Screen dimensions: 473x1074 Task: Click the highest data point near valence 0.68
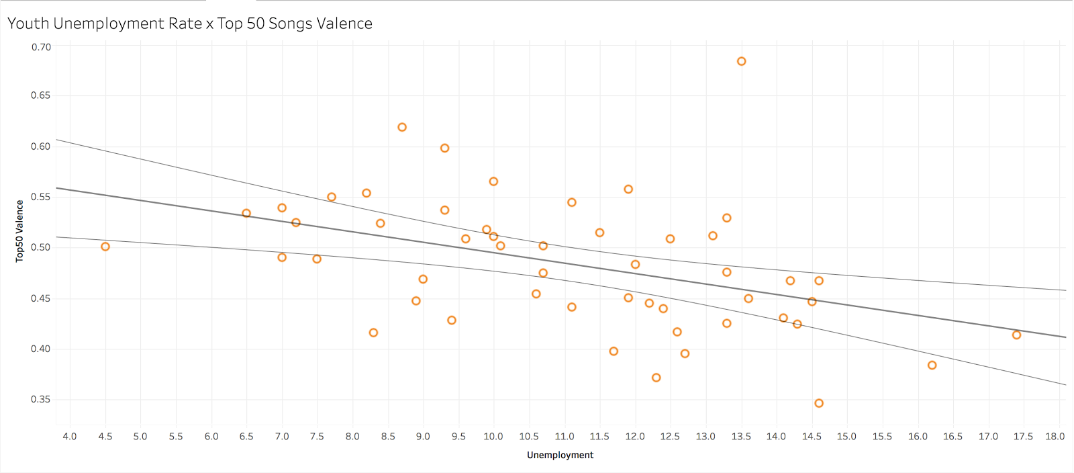point(741,61)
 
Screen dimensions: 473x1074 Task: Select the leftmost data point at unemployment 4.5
point(105,247)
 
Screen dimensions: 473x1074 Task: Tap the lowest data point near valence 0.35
point(819,403)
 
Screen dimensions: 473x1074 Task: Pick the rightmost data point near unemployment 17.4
point(1016,335)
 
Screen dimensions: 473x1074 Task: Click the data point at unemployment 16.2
point(932,365)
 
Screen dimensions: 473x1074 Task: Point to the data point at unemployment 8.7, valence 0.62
point(402,127)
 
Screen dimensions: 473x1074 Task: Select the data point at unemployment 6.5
point(246,213)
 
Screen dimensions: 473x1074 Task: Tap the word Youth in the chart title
point(28,24)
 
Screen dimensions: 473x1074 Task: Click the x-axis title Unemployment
point(560,455)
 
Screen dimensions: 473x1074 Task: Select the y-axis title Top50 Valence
point(19,230)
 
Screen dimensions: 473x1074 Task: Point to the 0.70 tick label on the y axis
point(41,47)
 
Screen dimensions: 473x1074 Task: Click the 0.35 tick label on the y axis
point(41,399)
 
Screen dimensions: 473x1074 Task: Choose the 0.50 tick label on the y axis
point(41,247)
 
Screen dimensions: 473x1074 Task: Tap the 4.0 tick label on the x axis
point(70,436)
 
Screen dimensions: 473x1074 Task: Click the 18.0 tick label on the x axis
point(1055,436)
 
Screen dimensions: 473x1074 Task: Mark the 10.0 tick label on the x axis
point(493,436)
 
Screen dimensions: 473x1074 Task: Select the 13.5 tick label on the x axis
point(741,436)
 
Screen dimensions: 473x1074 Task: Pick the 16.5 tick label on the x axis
point(953,436)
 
